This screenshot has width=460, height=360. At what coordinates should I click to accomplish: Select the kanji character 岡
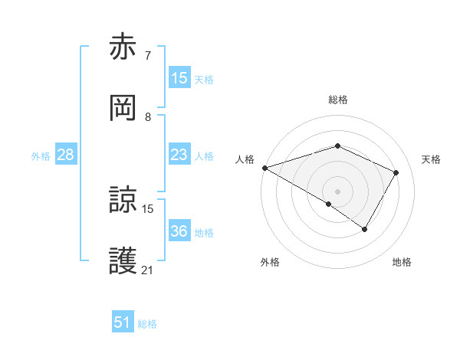[123, 109]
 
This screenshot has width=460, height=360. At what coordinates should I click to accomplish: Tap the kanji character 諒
[123, 201]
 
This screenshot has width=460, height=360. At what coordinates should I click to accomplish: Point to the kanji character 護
[123, 261]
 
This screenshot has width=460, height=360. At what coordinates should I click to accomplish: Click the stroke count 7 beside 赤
[148, 55]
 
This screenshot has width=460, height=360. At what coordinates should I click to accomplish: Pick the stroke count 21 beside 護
[148, 270]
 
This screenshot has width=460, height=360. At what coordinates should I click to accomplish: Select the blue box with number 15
[179, 78]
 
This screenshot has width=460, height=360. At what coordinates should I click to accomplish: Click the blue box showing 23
[179, 155]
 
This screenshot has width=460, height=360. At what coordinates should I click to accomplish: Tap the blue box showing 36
[179, 231]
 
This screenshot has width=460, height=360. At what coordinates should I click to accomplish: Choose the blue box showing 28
[65, 155]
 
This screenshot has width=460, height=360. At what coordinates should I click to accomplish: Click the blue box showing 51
[123, 322]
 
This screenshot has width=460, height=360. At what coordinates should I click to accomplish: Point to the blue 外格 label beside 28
[41, 156]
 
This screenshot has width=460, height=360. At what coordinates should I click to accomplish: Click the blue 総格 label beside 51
[147, 324]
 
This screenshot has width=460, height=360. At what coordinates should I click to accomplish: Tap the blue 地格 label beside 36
[204, 233]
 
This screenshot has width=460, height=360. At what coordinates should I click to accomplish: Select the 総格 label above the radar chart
[338, 100]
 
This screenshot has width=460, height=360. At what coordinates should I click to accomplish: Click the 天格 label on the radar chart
[432, 159]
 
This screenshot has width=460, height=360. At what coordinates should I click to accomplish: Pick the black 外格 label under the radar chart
[270, 263]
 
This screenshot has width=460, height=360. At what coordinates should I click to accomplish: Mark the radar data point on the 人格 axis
[264, 168]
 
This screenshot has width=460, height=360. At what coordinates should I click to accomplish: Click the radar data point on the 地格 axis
[365, 229]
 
